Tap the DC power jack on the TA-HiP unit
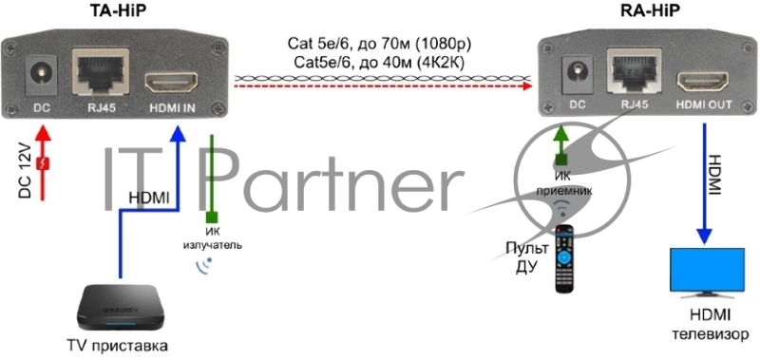click(x=40, y=75)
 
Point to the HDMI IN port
click(x=172, y=82)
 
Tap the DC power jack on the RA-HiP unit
click(x=577, y=76)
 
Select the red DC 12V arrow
click(x=44, y=162)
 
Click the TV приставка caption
click(x=118, y=347)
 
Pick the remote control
click(x=564, y=259)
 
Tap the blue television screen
click(x=707, y=270)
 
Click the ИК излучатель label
click(x=212, y=237)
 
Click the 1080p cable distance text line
click(x=379, y=45)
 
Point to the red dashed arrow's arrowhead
click(x=527, y=86)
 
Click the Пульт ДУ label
click(x=527, y=258)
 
